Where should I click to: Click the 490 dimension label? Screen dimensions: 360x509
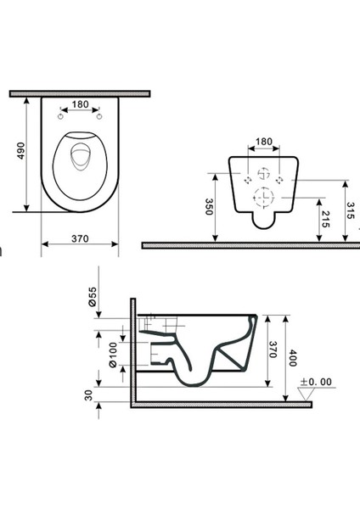point(20,151)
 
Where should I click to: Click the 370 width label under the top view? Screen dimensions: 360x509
point(80,238)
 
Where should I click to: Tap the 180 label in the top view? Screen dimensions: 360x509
point(80,104)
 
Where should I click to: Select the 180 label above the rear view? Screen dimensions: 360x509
point(264,142)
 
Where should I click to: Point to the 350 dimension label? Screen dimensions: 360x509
point(209,207)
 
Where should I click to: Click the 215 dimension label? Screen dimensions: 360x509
point(325,220)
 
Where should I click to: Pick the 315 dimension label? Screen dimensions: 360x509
point(351,210)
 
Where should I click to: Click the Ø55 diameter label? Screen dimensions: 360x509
point(93,296)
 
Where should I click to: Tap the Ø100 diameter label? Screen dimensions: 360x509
point(113,355)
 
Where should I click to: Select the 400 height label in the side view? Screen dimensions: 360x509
point(293,358)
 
